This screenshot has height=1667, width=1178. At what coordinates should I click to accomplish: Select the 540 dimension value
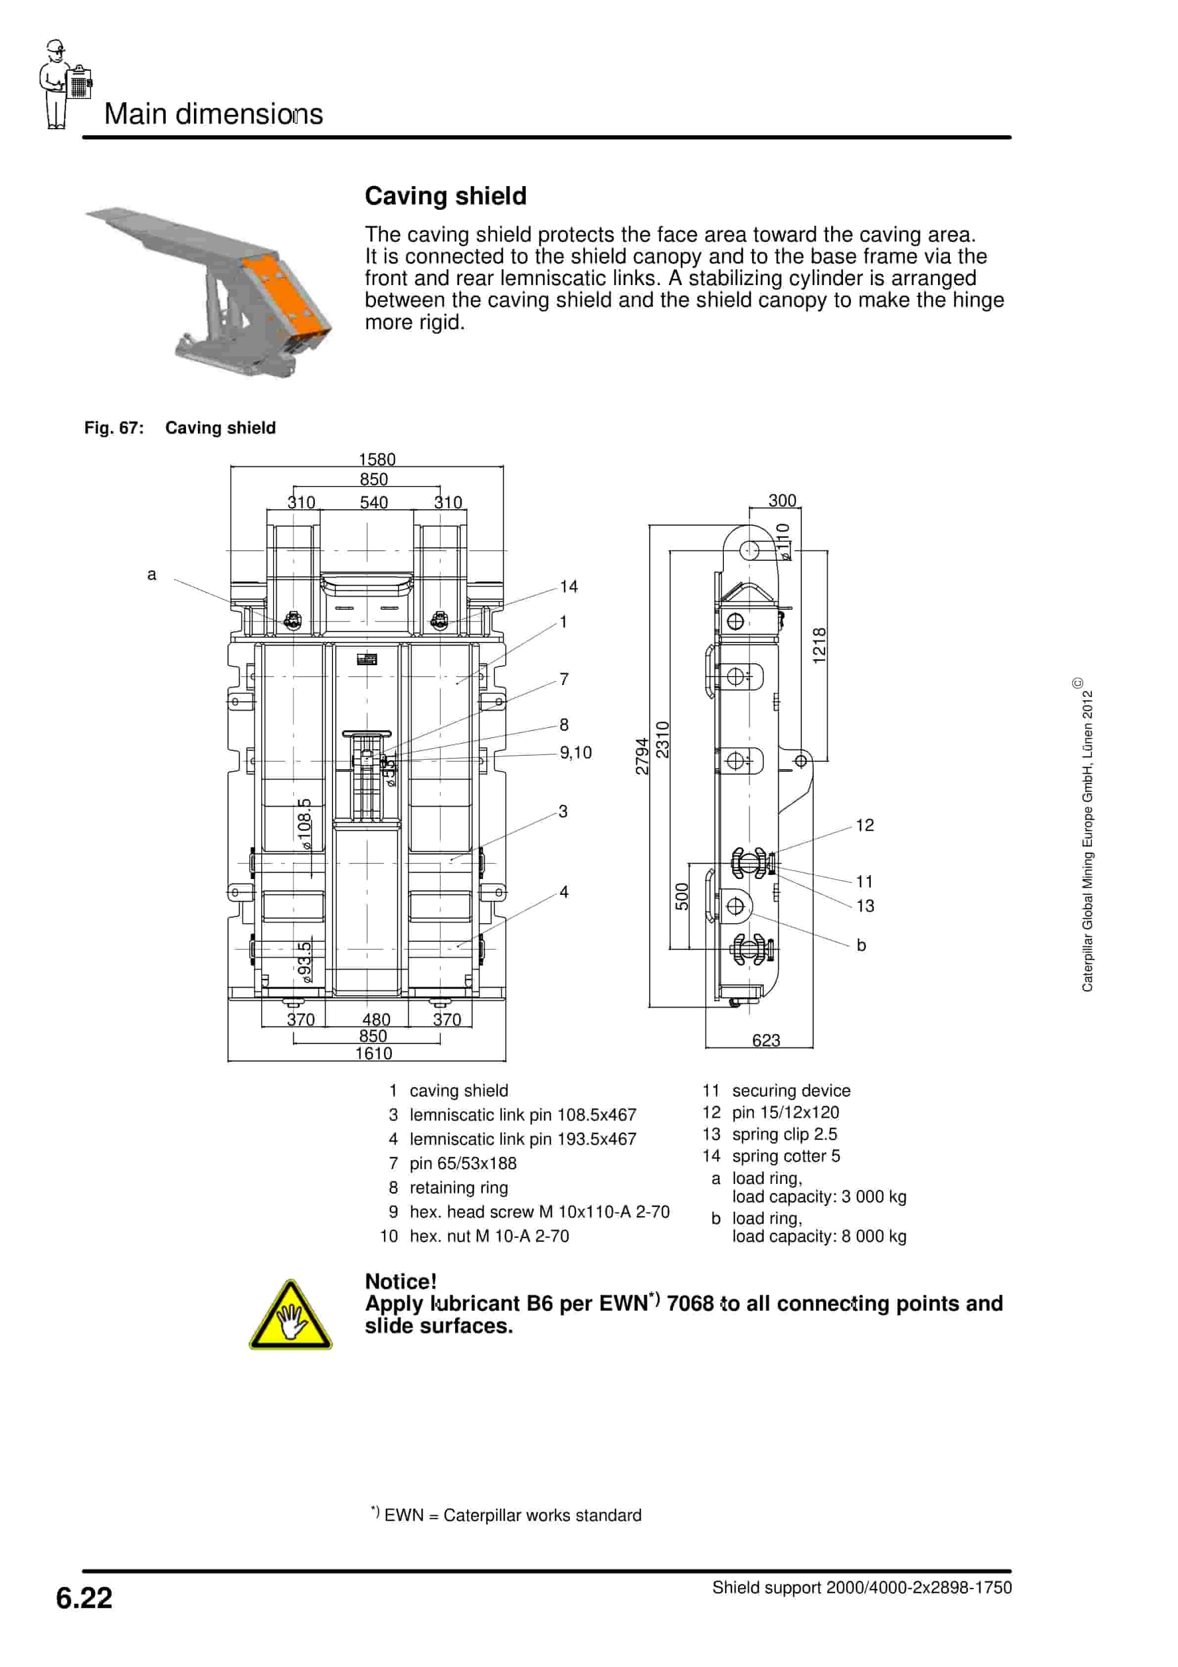(x=374, y=502)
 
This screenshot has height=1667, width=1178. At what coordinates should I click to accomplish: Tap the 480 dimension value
(x=376, y=1020)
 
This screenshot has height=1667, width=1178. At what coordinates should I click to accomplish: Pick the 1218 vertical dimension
(x=819, y=645)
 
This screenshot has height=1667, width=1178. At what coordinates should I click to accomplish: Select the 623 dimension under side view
(x=766, y=1040)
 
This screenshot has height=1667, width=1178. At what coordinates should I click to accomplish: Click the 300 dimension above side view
(x=782, y=500)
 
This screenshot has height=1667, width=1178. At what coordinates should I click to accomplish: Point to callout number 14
(x=568, y=586)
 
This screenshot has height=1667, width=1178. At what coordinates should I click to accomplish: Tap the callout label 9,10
(x=575, y=752)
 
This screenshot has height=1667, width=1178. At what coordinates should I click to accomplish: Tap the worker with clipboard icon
(x=64, y=84)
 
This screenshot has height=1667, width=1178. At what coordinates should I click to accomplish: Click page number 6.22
(x=84, y=1597)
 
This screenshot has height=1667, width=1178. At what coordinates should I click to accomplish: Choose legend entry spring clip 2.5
(x=784, y=1134)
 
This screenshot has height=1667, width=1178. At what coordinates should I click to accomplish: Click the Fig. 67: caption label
(x=114, y=428)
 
